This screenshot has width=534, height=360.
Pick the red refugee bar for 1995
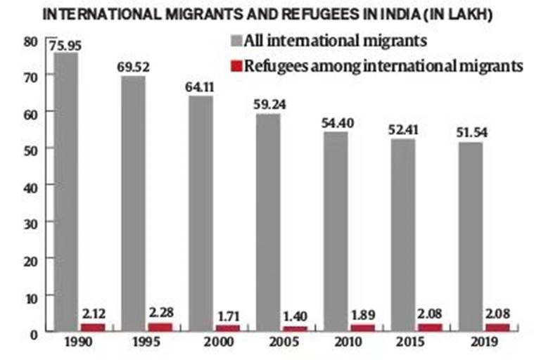[160, 327]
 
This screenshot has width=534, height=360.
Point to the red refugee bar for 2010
[362, 328]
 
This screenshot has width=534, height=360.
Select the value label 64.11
[201, 88]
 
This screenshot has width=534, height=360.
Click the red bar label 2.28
[161, 311]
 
